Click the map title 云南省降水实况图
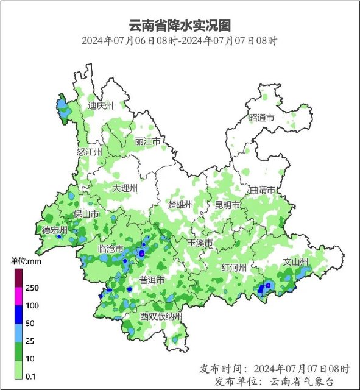[x=180, y=26]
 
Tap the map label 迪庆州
[x=101, y=105]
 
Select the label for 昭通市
[x=262, y=118]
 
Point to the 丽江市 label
[x=147, y=141]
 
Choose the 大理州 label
[x=125, y=188]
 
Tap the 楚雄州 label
[x=180, y=204]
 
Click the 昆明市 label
[x=227, y=205]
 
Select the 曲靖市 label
[x=263, y=190]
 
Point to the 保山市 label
[x=86, y=214]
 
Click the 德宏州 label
[x=55, y=230]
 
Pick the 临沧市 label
[x=111, y=249]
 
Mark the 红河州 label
[x=234, y=268]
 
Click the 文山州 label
[x=297, y=263]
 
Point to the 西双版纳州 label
[x=161, y=316]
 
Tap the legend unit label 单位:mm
[x=25, y=261]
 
